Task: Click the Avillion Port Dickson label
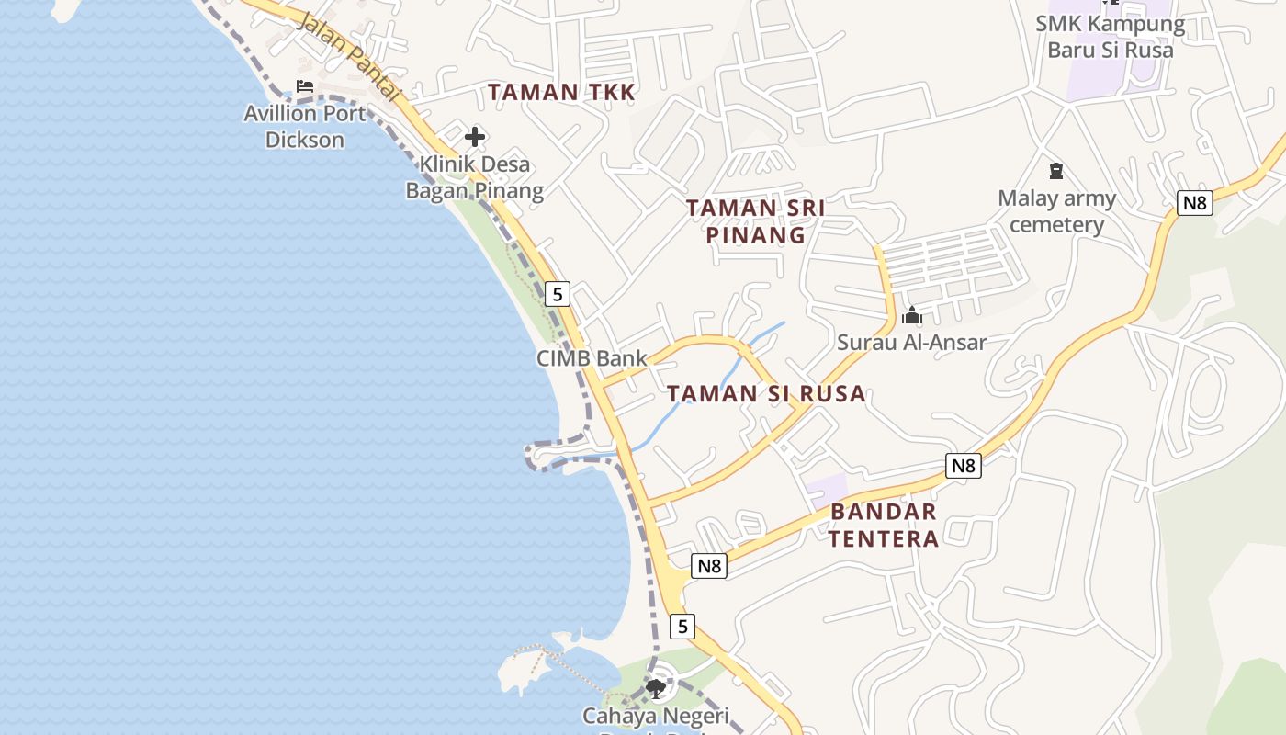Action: (x=305, y=127)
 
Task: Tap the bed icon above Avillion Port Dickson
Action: (x=305, y=86)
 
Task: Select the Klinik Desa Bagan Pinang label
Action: (x=475, y=177)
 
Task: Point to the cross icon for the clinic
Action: (x=475, y=138)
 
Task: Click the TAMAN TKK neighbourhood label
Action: (x=561, y=92)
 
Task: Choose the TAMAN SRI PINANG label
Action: (x=755, y=221)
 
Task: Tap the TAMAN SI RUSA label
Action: (x=766, y=394)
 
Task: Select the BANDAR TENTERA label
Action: (x=884, y=525)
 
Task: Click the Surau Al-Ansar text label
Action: (x=911, y=343)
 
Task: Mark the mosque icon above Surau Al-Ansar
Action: (x=911, y=316)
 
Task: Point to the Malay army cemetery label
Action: (x=1056, y=211)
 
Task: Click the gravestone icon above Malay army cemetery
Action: (x=1056, y=171)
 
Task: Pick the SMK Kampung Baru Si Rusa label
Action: (x=1111, y=37)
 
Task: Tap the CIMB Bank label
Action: (x=592, y=358)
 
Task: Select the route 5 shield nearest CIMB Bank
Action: (x=557, y=294)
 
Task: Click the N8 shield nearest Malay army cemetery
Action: (x=1194, y=202)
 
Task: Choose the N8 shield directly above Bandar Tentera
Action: (x=963, y=466)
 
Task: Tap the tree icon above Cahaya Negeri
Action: (x=655, y=688)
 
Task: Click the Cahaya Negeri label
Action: (x=655, y=716)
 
